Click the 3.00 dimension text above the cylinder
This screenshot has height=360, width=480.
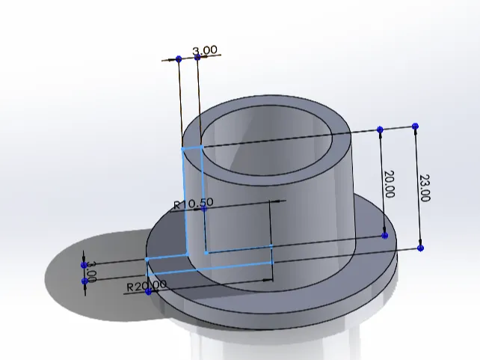[205, 50]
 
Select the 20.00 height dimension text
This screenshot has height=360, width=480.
[389, 184]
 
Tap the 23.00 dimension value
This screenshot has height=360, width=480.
[425, 188]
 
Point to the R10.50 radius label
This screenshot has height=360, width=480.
[194, 204]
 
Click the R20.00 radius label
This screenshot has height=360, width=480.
[147, 286]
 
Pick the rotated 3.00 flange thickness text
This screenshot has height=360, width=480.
[91, 272]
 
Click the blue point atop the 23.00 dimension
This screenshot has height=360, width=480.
[415, 126]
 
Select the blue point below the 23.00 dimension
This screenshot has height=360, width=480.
[421, 248]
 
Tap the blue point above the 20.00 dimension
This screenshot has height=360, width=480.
[380, 129]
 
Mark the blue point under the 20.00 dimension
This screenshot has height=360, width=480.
[385, 235]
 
